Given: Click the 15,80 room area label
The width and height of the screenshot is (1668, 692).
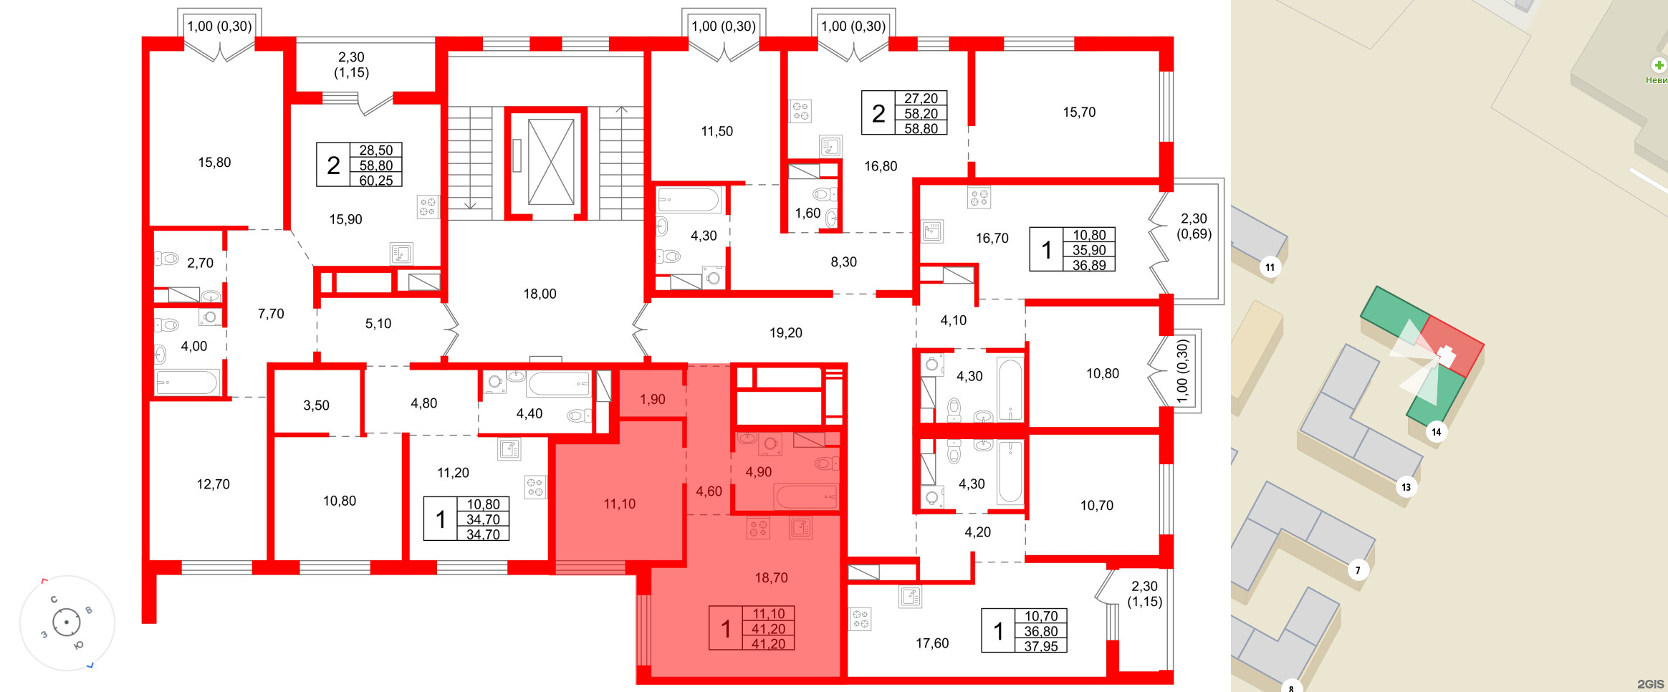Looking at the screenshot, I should coord(214,163).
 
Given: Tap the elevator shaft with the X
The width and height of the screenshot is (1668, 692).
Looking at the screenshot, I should coord(550,162).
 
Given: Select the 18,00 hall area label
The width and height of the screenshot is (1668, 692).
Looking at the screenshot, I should coord(540,294).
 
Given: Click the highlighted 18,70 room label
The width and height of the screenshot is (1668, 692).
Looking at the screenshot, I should coord(771,577).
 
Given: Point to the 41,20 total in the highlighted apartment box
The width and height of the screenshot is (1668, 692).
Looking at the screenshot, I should coord(768,629).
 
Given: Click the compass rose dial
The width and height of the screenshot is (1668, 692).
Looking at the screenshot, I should coord(67,623).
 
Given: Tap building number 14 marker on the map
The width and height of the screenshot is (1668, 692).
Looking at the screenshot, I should coord(1436,432).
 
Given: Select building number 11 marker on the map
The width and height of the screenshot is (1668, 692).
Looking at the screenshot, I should coord(1270,267).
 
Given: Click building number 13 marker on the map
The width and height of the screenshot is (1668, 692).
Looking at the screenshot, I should coord(1406,487).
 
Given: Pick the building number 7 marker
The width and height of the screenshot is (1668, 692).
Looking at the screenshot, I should coord(1357,570).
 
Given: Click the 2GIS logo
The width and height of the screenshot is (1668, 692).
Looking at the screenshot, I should coord(1650,684).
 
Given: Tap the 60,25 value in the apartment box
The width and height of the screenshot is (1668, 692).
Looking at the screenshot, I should coord(376,181).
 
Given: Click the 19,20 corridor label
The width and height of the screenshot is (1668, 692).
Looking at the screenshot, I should coord(785,333).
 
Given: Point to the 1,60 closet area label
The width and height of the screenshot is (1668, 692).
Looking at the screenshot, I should coord(807,213).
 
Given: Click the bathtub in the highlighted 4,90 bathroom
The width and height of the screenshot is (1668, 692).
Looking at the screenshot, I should coord(805,496).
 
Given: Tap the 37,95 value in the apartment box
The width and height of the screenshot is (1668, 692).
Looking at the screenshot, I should coord(1040,646).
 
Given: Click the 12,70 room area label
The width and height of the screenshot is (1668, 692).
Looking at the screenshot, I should coord(214,484).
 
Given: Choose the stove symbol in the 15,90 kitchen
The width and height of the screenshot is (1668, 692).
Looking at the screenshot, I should coord(428,207).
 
